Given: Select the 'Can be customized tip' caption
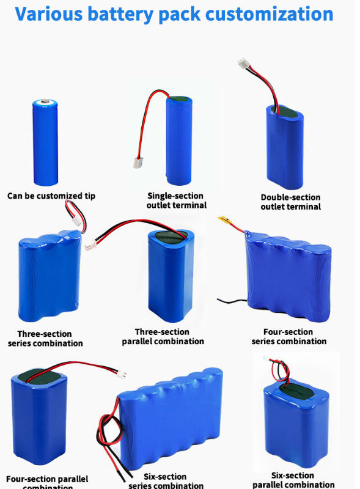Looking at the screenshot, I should [x=51, y=196].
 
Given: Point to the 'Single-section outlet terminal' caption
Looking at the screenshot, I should [x=177, y=200].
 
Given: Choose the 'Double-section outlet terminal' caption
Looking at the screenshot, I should [x=290, y=202].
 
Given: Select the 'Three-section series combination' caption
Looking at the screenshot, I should [x=45, y=339].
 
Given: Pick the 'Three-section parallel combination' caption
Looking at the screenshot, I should [x=163, y=337].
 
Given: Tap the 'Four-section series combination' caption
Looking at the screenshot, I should [x=289, y=336].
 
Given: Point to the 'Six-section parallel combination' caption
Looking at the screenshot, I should [x=293, y=480].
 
